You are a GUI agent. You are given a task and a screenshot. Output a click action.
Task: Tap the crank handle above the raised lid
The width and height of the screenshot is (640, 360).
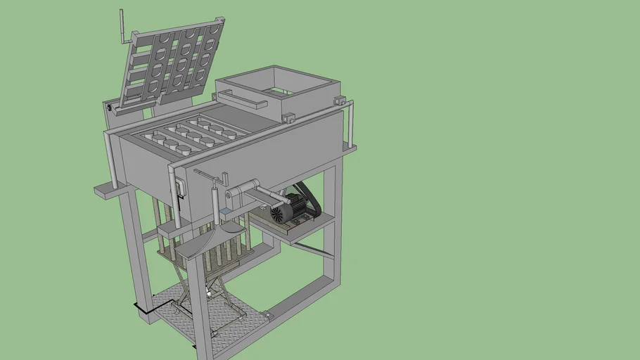(122, 27)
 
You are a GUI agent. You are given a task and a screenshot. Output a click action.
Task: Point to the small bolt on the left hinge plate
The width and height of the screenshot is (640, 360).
(110, 108)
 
